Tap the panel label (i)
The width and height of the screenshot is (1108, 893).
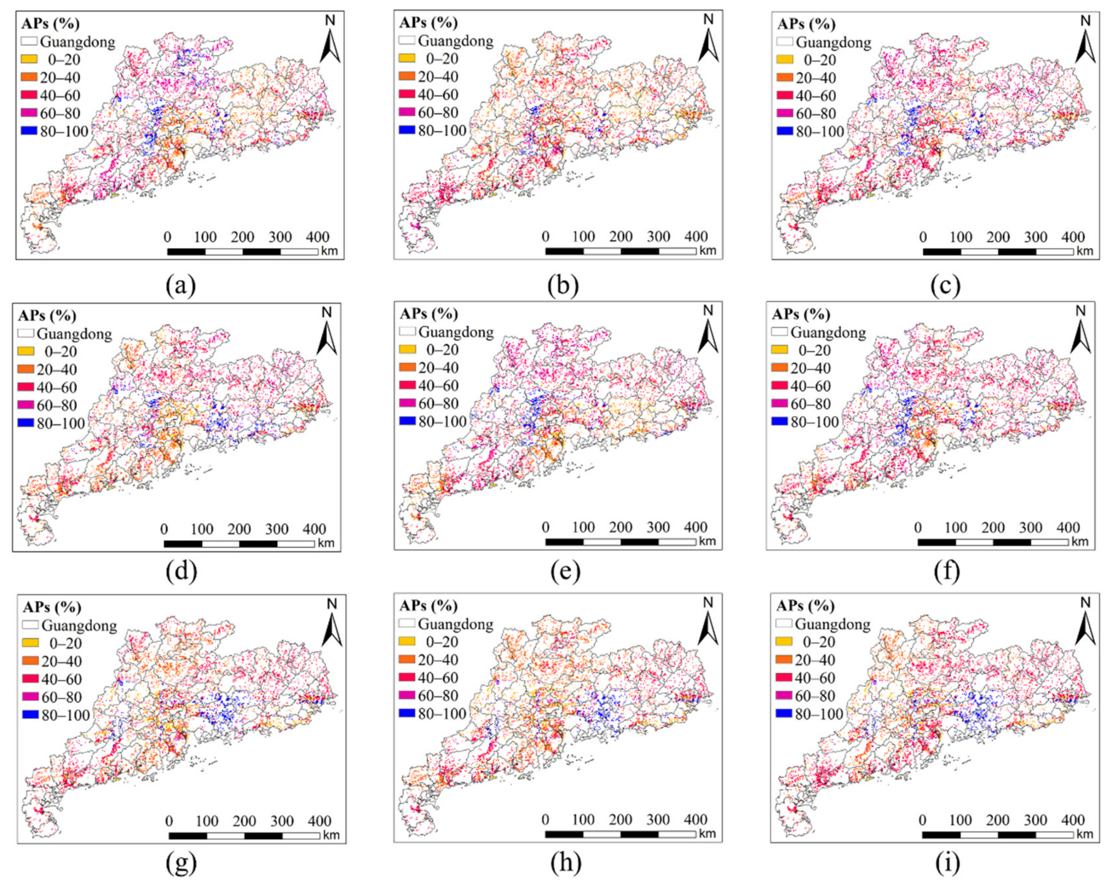947,864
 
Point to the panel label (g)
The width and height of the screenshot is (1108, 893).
181,864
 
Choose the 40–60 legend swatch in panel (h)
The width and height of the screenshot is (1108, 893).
407,678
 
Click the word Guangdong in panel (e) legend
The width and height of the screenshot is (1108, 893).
456,332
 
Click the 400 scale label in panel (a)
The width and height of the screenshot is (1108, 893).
317,237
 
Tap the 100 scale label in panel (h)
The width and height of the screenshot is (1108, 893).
583,819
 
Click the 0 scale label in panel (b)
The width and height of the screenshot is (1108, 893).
545,237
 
